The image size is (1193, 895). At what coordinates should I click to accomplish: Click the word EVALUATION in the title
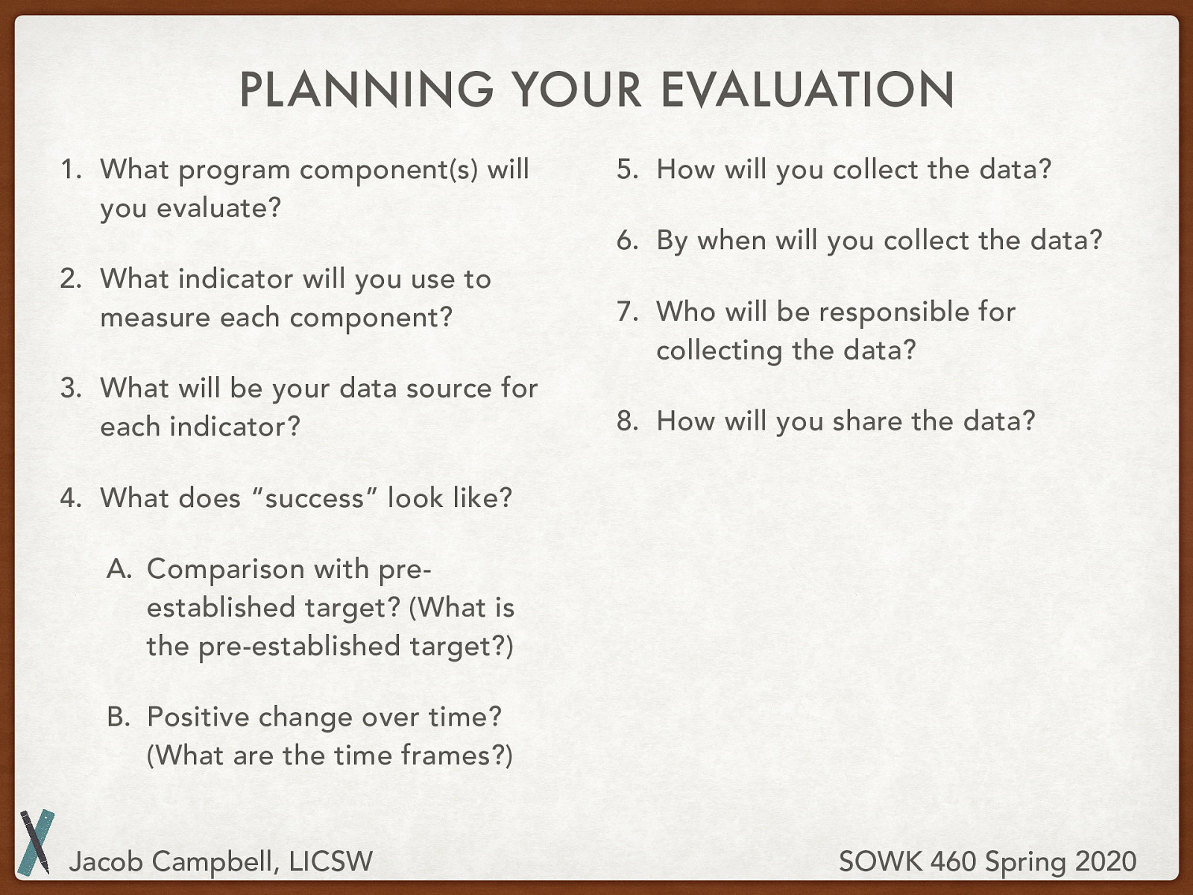pyautogui.click(x=807, y=89)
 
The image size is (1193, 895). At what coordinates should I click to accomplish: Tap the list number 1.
pyautogui.click(x=70, y=169)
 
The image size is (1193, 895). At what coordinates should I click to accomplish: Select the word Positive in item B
pyautogui.click(x=198, y=717)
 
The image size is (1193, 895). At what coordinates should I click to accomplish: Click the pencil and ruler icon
pyautogui.click(x=36, y=842)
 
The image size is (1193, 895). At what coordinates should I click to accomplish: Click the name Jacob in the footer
pyautogui.click(x=105, y=862)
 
